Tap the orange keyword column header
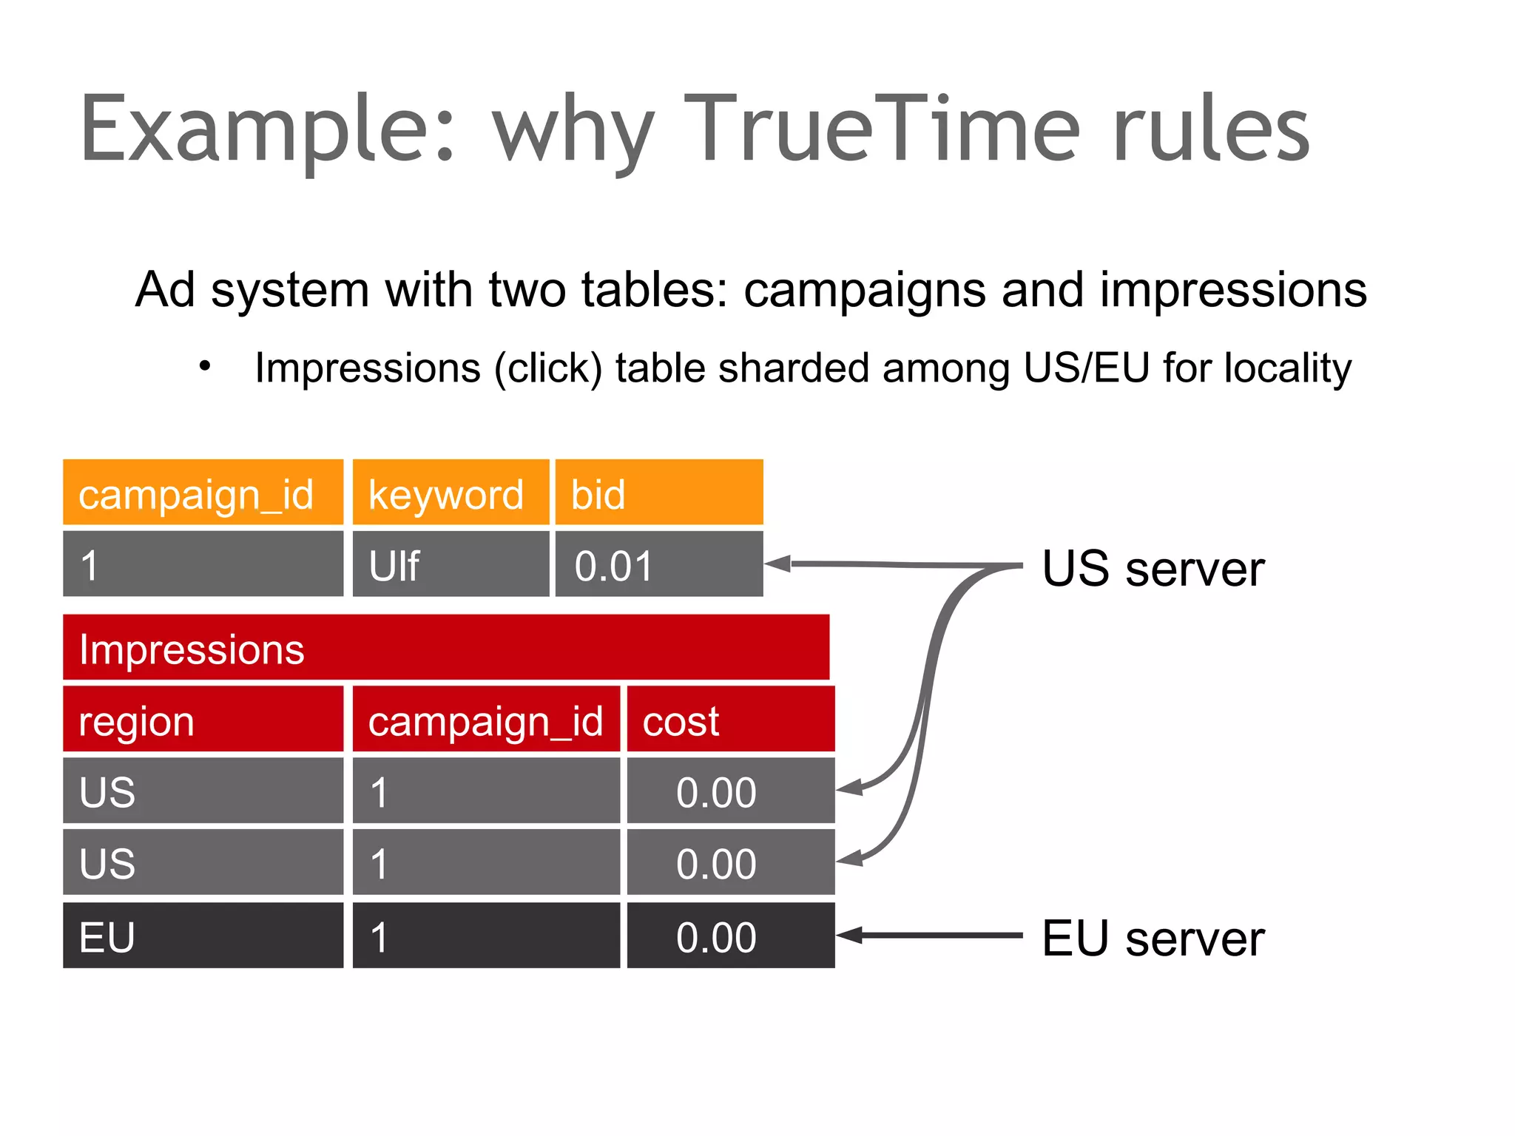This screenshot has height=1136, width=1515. tap(451, 493)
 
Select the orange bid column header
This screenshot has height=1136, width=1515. tap(658, 493)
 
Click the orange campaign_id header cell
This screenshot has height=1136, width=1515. tap(203, 493)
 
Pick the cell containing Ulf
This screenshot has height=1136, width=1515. tap(451, 565)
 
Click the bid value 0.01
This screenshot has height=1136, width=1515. tap(658, 565)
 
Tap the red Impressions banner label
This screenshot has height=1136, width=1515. tap(191, 649)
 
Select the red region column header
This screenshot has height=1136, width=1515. tap(203, 720)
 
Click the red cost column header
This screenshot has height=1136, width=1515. tap(730, 720)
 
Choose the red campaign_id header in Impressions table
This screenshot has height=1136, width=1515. tap(486, 720)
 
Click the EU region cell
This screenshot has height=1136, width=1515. tap(203, 936)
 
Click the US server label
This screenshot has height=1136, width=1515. tap(1153, 568)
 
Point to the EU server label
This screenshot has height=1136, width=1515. tap(1153, 938)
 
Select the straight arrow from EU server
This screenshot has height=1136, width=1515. tap(932, 936)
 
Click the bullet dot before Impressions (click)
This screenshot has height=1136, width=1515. tap(205, 365)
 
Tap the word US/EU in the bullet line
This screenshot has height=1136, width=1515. tap(1086, 368)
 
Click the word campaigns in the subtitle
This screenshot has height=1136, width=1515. tap(864, 290)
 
